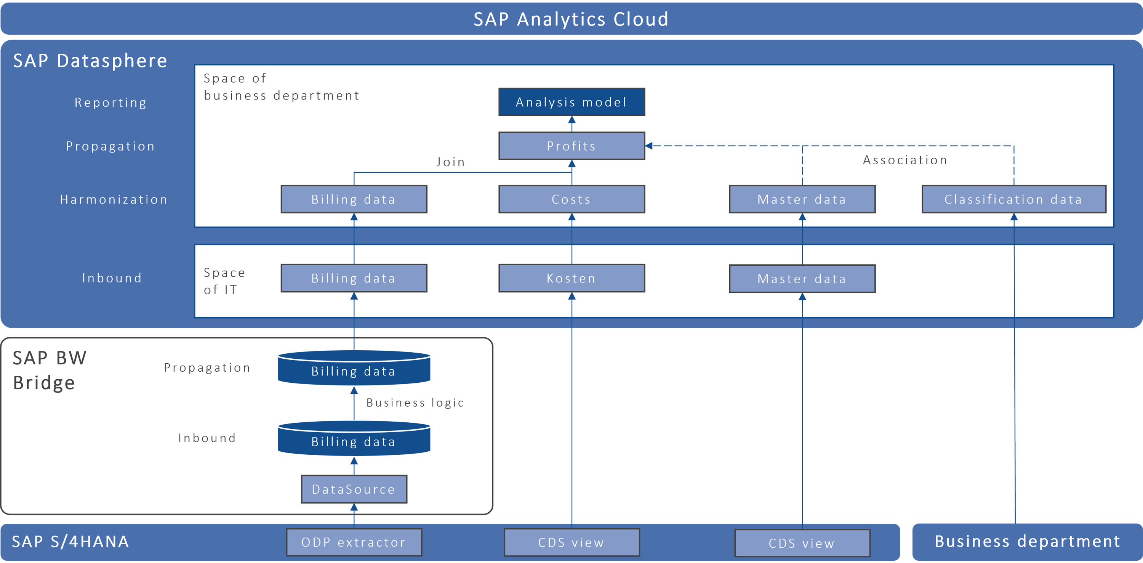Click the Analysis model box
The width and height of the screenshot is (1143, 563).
click(x=571, y=102)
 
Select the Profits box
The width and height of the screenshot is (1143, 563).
click(x=571, y=146)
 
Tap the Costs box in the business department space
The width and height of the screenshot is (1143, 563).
click(x=571, y=199)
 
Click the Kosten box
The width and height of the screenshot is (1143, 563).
click(x=571, y=278)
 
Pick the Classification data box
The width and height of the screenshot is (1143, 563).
click(x=1013, y=199)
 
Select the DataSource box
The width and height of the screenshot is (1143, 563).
click(x=354, y=489)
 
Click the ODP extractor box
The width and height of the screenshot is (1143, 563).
click(x=354, y=542)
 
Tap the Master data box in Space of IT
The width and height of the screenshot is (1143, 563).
click(x=802, y=279)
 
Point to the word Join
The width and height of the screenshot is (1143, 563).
click(x=450, y=162)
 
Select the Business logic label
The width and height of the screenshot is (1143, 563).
click(x=415, y=403)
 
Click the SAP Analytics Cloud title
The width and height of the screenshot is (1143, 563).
click(x=571, y=19)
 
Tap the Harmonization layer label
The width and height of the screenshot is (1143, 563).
click(x=114, y=199)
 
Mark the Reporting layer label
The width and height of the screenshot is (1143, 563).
click(x=110, y=103)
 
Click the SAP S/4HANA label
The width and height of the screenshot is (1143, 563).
click(x=70, y=542)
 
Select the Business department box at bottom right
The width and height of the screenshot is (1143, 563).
click(x=1027, y=542)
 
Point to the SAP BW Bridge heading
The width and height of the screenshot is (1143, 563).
click(x=50, y=370)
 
